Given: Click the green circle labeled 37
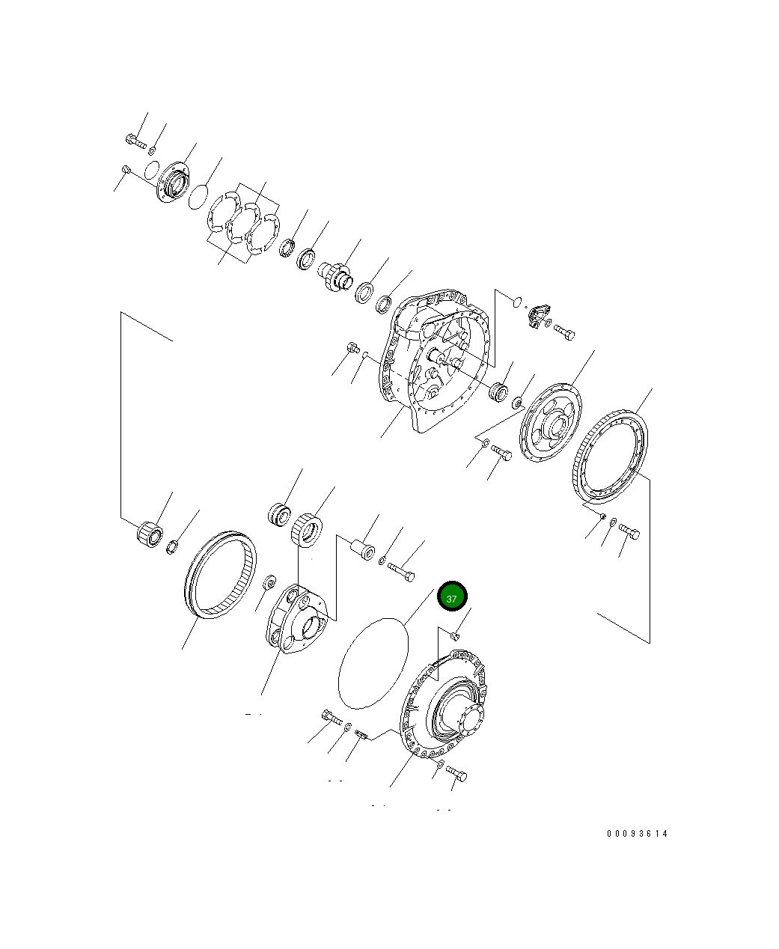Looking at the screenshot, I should [452, 597].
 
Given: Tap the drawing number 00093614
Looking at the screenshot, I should [637, 834].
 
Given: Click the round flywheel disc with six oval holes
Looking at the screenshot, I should [550, 423].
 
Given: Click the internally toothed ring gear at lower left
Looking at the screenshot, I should [220, 573].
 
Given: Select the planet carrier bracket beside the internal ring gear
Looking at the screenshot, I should [297, 620].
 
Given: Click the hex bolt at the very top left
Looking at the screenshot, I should [135, 139].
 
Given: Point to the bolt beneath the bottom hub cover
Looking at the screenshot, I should [456, 772].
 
